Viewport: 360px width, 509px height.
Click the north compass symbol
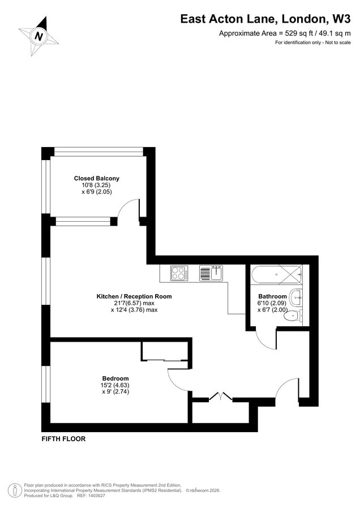[x=39, y=36]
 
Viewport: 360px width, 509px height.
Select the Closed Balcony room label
[x=97, y=178]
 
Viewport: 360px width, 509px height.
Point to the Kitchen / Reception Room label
[x=134, y=296]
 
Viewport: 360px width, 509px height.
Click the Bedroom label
[x=115, y=378]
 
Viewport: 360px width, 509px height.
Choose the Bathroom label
[x=272, y=296]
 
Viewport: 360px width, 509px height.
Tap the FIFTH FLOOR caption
[x=63, y=438]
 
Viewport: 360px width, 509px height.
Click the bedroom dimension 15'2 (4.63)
[x=115, y=385]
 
